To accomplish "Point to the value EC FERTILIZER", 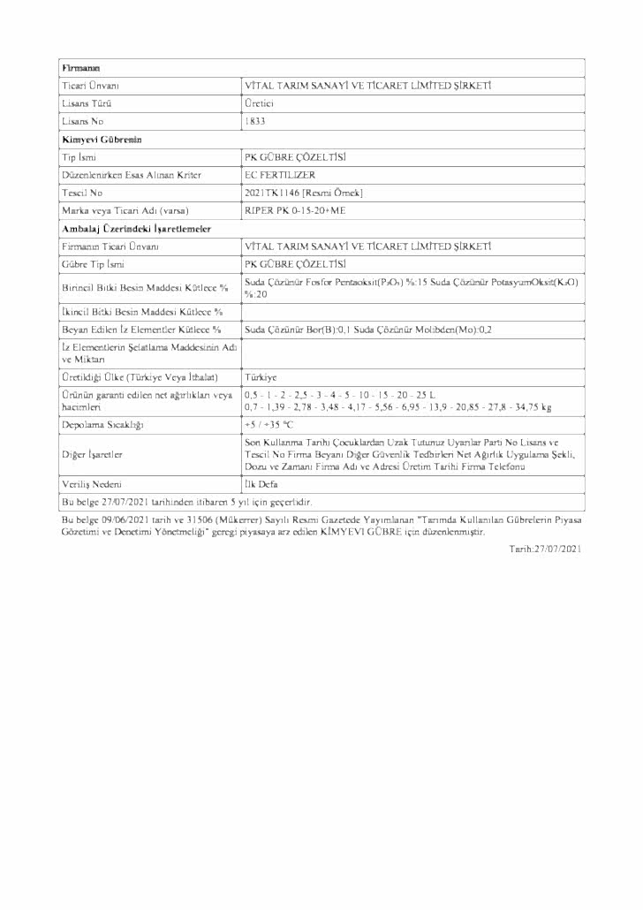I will [x=279, y=175].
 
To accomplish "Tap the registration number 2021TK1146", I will [x=272, y=193].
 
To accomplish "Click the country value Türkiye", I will [x=261, y=376].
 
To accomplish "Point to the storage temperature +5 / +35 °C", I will [x=269, y=425].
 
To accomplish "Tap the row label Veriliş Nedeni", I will [x=92, y=485].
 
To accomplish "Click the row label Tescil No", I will [x=81, y=193].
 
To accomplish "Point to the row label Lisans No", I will [x=83, y=121].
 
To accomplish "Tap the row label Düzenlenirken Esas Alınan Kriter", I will [x=132, y=175].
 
